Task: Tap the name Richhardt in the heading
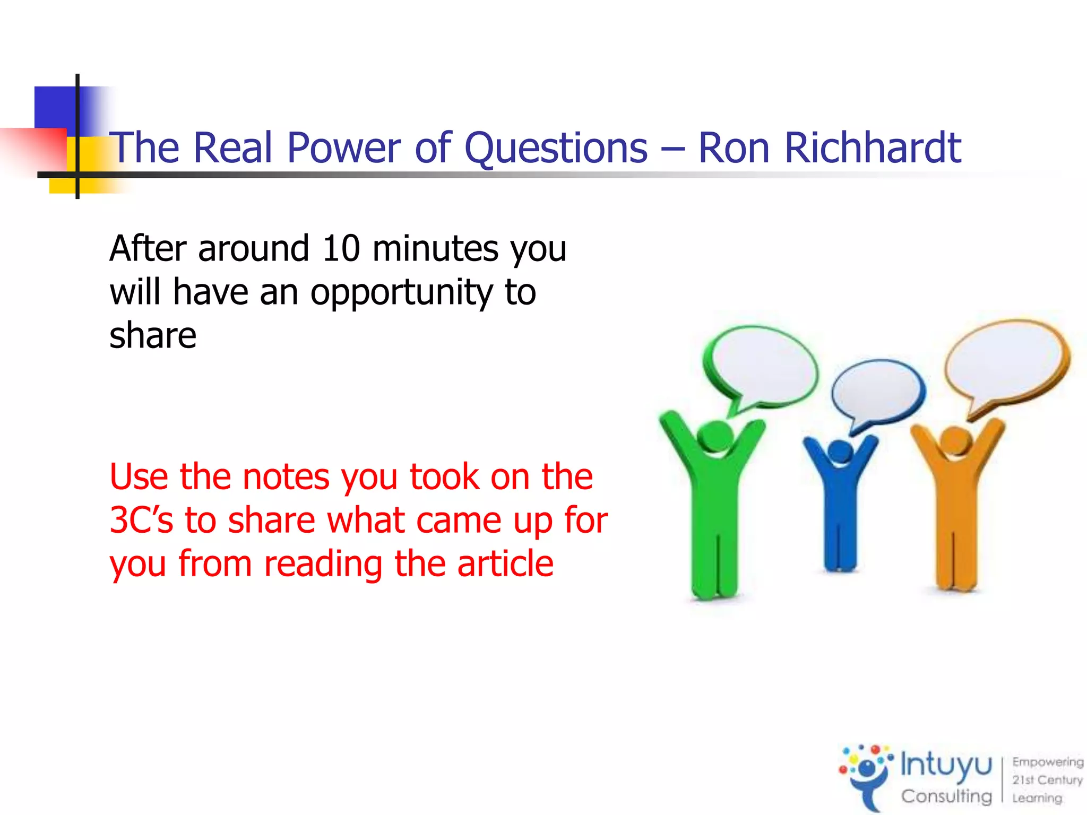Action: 873,148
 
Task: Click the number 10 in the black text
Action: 341,248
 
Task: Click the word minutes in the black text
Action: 435,248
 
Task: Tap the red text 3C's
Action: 141,520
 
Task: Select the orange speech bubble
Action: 1006,361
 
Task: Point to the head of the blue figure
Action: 840,452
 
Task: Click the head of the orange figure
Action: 955,440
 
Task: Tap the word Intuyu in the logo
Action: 946,766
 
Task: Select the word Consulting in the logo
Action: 946,796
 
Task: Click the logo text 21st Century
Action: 1047,780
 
